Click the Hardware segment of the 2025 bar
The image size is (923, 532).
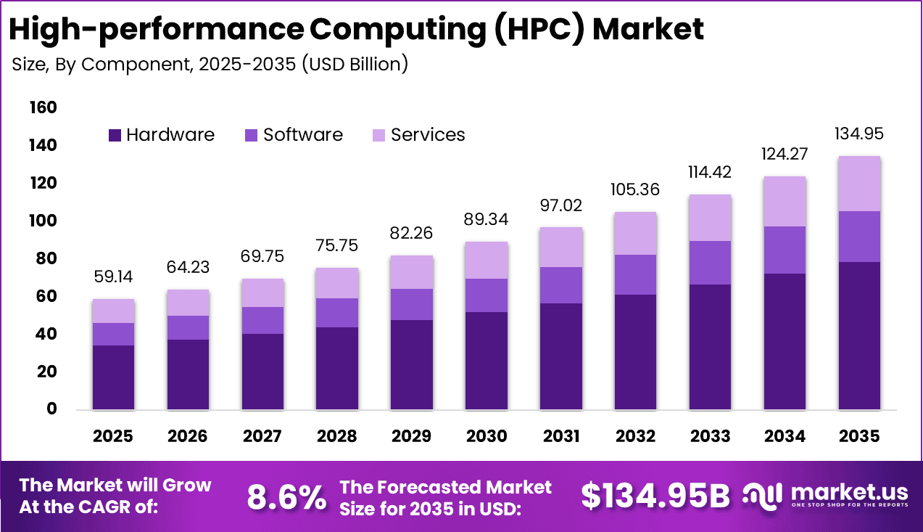point(113,377)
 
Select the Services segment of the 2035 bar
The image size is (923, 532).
point(858,184)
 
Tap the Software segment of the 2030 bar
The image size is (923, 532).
point(486,295)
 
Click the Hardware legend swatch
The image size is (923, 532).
point(115,135)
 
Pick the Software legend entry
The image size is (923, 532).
point(302,135)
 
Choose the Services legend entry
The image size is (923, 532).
point(427,135)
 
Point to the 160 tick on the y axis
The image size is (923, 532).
point(43,108)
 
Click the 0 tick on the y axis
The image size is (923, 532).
point(51,409)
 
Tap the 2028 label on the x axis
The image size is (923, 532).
point(336,436)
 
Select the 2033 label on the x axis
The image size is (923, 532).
point(710,436)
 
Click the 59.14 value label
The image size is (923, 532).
point(113,277)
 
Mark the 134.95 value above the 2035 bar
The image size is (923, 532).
point(858,134)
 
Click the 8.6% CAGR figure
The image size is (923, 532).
point(286,497)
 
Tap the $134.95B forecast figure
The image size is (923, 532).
point(655,496)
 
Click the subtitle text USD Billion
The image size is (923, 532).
point(355,64)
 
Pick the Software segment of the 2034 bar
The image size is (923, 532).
point(784,250)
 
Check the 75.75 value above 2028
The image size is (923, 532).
point(336,247)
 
